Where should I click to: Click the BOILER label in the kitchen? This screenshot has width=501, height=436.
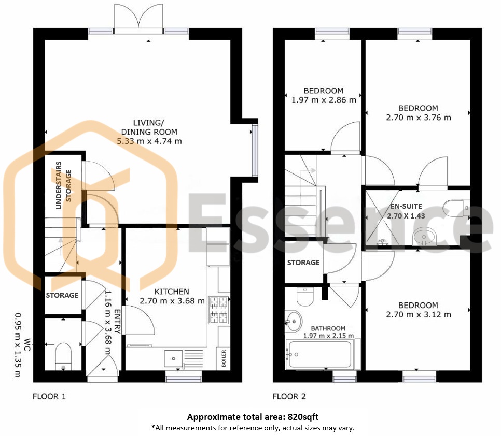pyautogui.click(x=224, y=358)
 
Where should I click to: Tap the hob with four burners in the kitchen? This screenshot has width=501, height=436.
pyautogui.click(x=218, y=310)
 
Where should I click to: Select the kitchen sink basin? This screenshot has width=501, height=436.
pyautogui.click(x=174, y=358)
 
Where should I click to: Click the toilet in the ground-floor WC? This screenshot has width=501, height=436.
pyautogui.click(x=63, y=356)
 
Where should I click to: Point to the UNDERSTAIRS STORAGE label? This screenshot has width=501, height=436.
pyautogui.click(x=63, y=185)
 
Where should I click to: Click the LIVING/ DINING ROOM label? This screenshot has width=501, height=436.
pyautogui.click(x=149, y=127)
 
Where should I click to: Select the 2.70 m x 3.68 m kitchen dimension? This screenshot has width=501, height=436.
pyautogui.click(x=172, y=301)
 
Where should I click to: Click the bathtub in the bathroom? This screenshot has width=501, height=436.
pyautogui.click(x=320, y=354)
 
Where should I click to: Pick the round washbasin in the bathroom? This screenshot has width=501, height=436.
pyautogui.click(x=294, y=321)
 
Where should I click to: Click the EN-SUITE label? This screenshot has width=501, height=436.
pyautogui.click(x=406, y=206)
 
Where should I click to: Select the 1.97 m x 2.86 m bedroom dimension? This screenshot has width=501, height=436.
pyautogui.click(x=324, y=100)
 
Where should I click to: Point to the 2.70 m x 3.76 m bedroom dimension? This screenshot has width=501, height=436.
pyautogui.click(x=419, y=118)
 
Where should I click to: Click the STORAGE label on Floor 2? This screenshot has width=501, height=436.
pyautogui.click(x=303, y=263)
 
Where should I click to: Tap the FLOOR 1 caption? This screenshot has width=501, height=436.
pyautogui.click(x=49, y=397)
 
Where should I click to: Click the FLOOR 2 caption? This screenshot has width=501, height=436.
pyautogui.click(x=289, y=397)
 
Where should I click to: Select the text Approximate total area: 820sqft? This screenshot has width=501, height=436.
pyautogui.click(x=253, y=417)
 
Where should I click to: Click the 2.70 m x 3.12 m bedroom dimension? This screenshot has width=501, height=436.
pyautogui.click(x=419, y=315)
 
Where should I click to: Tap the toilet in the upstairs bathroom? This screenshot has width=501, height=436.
pyautogui.click(x=305, y=297)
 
